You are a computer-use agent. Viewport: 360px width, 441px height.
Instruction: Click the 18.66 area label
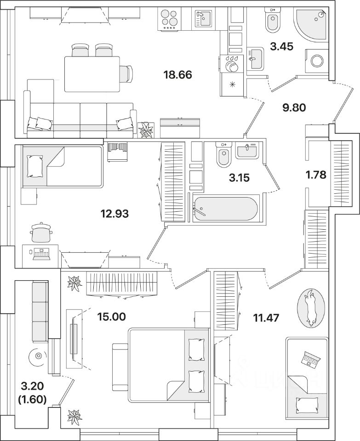click(x=177, y=75)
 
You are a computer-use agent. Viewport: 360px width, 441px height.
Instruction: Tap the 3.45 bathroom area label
click(x=282, y=46)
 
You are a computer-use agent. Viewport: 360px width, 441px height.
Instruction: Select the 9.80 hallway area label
click(x=294, y=107)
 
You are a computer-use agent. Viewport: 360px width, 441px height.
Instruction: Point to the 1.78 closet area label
click(x=316, y=175)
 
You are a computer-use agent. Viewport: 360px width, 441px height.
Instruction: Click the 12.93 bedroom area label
click(x=114, y=214)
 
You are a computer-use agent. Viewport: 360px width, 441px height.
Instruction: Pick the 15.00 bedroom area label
click(x=111, y=317)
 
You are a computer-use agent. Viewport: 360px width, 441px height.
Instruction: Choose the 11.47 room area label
click(x=266, y=318)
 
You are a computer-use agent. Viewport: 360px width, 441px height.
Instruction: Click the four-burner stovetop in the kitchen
click(x=169, y=18)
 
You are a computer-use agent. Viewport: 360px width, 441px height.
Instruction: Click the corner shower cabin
click(x=310, y=24)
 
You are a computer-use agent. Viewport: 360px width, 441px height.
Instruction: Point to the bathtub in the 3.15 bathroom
click(x=225, y=209)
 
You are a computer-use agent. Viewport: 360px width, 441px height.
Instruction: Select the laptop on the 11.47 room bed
click(x=311, y=359)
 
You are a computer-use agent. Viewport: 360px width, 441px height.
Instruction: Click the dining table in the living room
click(x=92, y=74)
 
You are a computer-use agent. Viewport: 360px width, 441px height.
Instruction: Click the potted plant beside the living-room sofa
click(x=146, y=130)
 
